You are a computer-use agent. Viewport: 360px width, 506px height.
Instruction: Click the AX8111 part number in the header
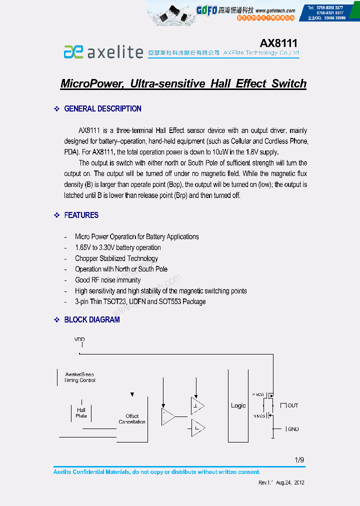278,43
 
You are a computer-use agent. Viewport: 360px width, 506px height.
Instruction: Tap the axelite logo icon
73,51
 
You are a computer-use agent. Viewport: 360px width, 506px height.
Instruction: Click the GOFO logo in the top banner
206,10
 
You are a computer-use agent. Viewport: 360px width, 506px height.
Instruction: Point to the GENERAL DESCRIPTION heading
102,108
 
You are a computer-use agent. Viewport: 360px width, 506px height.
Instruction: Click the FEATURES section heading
81,215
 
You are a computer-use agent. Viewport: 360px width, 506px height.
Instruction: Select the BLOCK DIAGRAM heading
92,319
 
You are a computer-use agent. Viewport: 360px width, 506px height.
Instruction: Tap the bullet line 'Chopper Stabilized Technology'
116,258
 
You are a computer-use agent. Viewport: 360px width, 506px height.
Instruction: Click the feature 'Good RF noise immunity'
108,280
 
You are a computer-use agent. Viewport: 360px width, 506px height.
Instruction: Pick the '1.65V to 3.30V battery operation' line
118,247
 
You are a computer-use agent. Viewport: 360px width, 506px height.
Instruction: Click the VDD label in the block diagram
79,339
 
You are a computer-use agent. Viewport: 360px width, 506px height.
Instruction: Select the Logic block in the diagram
238,405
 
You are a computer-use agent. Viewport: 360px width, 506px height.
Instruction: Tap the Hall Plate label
81,413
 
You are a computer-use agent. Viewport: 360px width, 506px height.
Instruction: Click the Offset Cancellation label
132,419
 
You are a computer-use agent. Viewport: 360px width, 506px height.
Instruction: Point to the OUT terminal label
292,405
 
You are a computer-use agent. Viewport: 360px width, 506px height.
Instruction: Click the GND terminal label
293,429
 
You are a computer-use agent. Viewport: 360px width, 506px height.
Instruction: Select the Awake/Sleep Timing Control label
80,377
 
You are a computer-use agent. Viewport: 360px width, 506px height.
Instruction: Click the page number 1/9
299,460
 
